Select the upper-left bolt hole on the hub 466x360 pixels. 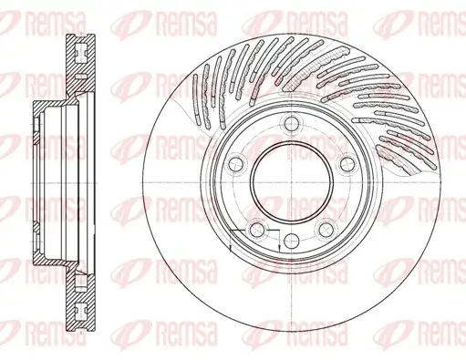[235, 164]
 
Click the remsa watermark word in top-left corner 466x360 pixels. [36, 17]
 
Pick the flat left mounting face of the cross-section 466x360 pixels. [33, 182]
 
